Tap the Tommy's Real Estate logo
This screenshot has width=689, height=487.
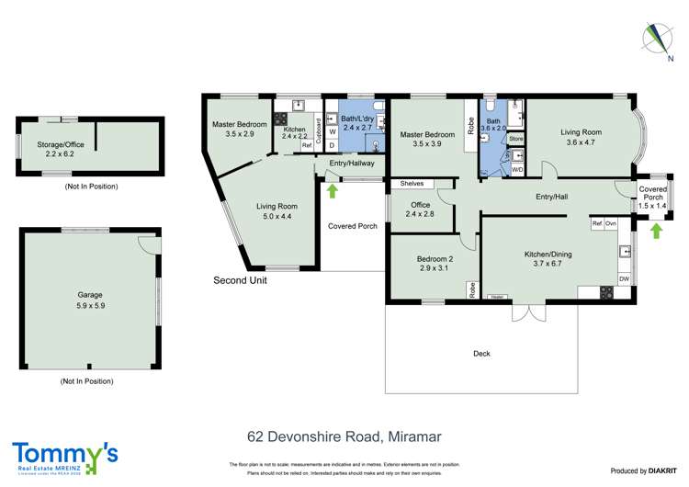[x=65, y=457]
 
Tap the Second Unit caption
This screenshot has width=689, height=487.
[x=240, y=280]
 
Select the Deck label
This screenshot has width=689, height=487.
[x=481, y=353]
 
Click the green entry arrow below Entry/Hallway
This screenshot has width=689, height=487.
[x=333, y=190]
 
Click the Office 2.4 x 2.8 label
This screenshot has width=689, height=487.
[x=421, y=209]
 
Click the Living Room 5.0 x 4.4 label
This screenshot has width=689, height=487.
[x=277, y=211]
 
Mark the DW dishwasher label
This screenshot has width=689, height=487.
[x=624, y=278]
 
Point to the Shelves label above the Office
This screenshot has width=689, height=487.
[x=412, y=184]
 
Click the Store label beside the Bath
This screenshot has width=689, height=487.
[x=515, y=139]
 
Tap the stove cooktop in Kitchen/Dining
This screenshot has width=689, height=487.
[x=606, y=293]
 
